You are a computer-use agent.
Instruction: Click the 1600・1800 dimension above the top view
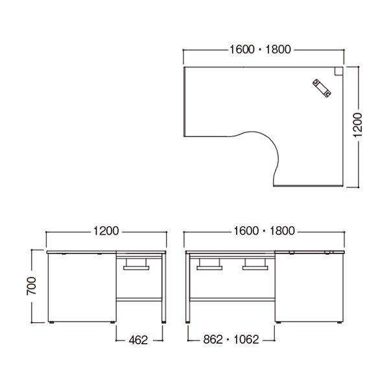[x=259, y=49]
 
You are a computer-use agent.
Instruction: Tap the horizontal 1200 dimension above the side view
[x=106, y=230]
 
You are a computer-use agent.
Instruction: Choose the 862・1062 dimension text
[x=231, y=338]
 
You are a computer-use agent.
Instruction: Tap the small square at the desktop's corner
[x=338, y=71]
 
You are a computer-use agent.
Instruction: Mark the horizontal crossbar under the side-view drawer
[x=139, y=300]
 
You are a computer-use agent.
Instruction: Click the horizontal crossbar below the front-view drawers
[x=232, y=300]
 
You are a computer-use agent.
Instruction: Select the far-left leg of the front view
[x=187, y=289]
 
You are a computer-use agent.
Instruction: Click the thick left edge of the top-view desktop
[x=185, y=101]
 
